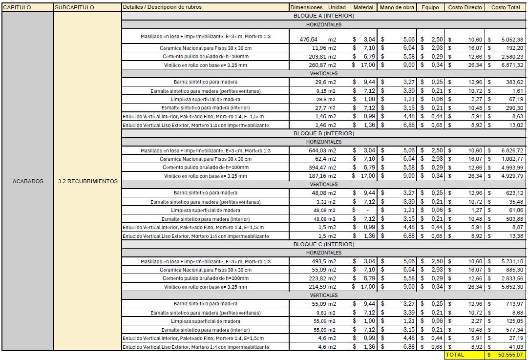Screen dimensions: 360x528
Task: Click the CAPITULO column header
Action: coord(17,7)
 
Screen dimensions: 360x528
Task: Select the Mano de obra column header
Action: coord(397,7)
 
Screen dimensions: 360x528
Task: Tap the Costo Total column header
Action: coord(506,7)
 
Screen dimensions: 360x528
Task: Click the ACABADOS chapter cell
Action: coord(28,181)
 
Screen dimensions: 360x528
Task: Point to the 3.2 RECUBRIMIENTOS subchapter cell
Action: coord(87,181)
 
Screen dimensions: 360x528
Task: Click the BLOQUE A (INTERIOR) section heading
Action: coord(323,16)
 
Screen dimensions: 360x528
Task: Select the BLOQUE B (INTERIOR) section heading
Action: coord(323,133)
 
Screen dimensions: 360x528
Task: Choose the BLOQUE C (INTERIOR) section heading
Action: coord(323,244)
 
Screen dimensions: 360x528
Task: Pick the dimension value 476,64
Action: coord(308,40)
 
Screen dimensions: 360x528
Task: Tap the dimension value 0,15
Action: coord(321,91)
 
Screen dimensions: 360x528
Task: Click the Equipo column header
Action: coord(430,7)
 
